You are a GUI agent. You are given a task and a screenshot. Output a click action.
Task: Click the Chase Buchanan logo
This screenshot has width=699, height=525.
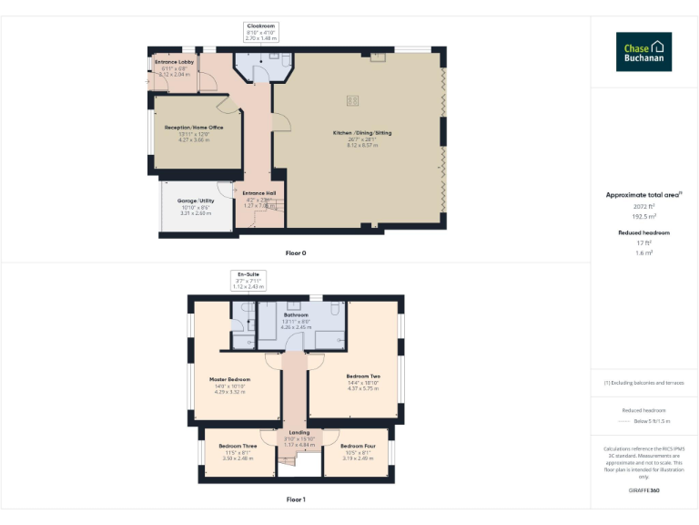tap(643, 52)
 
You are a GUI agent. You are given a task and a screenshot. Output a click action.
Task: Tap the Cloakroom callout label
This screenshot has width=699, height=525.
tap(259, 26)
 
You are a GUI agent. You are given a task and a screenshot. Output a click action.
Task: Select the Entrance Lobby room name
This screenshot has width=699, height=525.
tap(173, 62)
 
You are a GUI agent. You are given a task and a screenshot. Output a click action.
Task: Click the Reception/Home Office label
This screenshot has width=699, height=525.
tap(194, 128)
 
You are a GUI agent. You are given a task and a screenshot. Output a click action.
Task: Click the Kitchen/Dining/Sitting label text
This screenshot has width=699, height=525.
tap(361, 133)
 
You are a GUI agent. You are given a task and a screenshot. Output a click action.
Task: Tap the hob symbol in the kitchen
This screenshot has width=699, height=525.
tap(352, 100)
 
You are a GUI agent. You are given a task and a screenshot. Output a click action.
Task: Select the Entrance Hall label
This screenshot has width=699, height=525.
tap(259, 193)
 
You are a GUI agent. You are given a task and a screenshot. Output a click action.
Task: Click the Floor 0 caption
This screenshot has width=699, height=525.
tap(296, 252)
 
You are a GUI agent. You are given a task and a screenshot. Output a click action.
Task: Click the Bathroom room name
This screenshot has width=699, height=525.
tap(297, 314)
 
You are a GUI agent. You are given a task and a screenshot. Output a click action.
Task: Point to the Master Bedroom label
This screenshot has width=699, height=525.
tap(230, 379)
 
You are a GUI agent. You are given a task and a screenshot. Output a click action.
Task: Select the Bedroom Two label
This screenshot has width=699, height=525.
tap(363, 376)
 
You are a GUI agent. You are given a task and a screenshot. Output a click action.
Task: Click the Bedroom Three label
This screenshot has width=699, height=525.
tap(238, 446)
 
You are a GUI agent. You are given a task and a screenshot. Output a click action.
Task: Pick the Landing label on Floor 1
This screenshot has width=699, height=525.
tap(299, 433)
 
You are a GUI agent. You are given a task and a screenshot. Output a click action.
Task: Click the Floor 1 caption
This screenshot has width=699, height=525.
tap(296, 499)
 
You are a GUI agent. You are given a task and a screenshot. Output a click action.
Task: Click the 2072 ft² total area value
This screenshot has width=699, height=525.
tap(643, 207)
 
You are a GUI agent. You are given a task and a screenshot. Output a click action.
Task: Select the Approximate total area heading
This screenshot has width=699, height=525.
tap(642, 195)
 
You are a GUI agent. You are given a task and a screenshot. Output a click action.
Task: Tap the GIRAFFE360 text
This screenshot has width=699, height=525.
tap(643, 490)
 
